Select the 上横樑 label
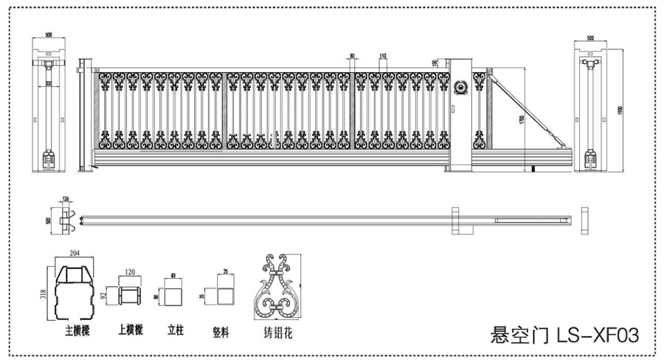(x=130, y=331)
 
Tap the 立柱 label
(x=174, y=331)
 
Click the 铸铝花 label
(x=278, y=333)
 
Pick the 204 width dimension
(x=76, y=252)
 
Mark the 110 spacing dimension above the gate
(x=383, y=57)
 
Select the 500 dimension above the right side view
(x=591, y=38)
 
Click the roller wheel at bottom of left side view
(x=50, y=158)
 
